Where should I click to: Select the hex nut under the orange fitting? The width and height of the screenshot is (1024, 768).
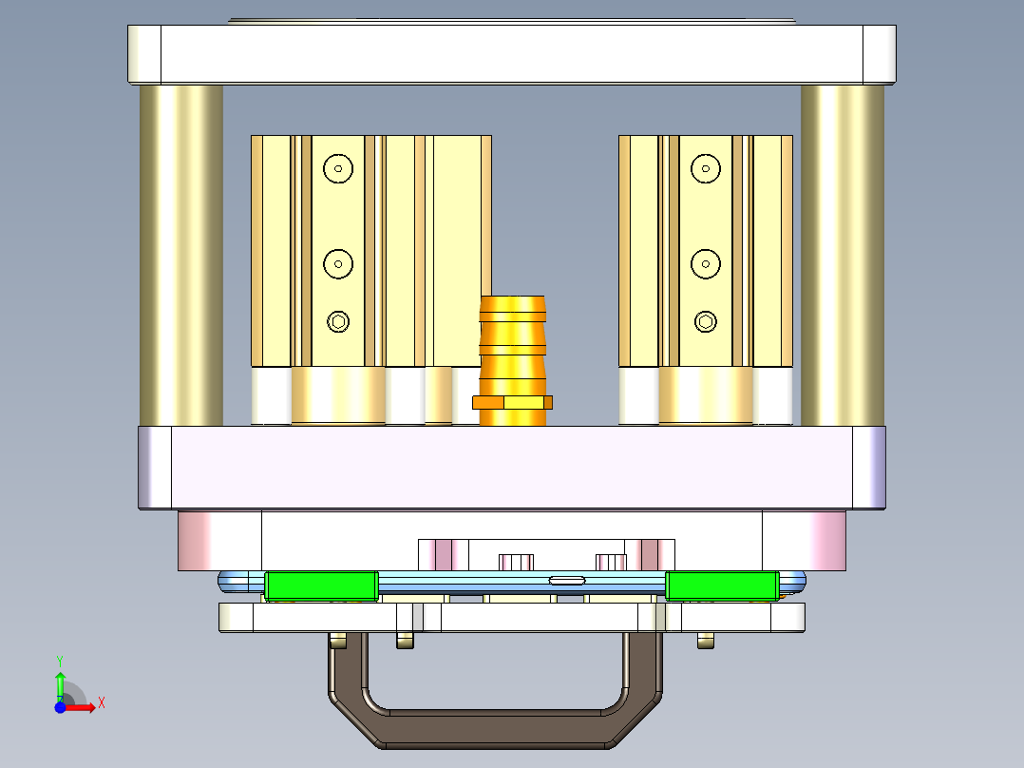(x=513, y=402)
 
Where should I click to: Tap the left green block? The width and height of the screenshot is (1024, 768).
(x=321, y=586)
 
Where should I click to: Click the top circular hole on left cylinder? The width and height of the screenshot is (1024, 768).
(x=337, y=169)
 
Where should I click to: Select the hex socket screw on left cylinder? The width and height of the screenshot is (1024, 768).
(x=338, y=321)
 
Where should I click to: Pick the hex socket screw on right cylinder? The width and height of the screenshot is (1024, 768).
(x=705, y=321)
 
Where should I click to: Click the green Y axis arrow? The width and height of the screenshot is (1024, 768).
(x=60, y=677)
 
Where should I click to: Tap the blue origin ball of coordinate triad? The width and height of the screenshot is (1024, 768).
(x=60, y=707)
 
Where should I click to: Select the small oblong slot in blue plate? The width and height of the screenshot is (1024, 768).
(x=567, y=579)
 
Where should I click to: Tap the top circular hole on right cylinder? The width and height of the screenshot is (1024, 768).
(x=705, y=169)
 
